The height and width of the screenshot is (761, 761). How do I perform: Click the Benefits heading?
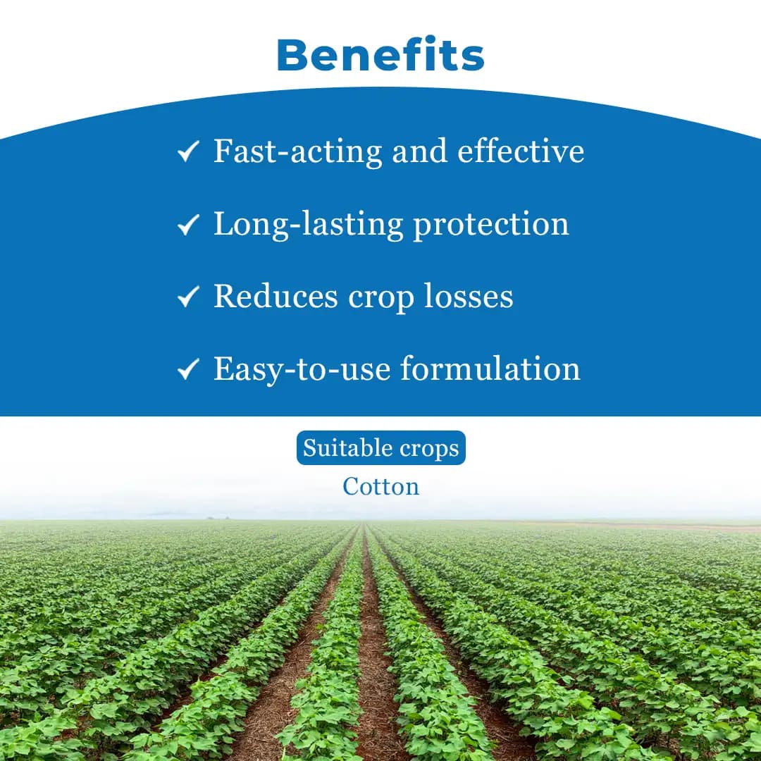click(380, 55)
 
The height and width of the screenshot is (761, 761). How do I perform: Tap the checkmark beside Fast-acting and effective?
click(187, 152)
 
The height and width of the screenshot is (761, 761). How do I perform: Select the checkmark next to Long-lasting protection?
click(187, 225)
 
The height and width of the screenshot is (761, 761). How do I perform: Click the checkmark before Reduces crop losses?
click(187, 297)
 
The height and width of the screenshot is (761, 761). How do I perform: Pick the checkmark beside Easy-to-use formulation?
click(187, 370)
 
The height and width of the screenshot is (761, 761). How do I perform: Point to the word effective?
click(521, 151)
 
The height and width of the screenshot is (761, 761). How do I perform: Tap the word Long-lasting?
click(309, 224)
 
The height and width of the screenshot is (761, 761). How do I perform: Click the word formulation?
click(490, 369)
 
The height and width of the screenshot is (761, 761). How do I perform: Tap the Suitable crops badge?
click(380, 448)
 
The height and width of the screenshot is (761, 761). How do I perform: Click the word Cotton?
click(380, 486)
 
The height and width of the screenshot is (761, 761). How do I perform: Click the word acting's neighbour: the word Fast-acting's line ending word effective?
click(521, 151)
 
